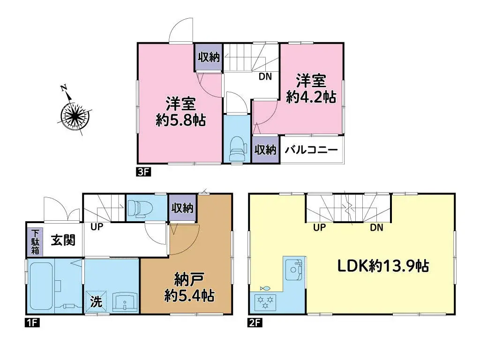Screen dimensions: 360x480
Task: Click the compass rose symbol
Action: pos(74,114)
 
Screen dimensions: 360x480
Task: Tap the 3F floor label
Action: pos(142,172)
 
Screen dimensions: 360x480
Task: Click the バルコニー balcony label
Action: pos(312,150)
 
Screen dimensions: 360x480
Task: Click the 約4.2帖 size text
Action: pos(311,97)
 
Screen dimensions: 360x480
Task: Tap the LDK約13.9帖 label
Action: pos(383,266)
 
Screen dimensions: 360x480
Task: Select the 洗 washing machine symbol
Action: pos(96,302)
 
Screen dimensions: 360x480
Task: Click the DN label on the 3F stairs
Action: pos(265,77)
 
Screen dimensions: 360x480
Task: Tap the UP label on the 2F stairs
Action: pos(319,228)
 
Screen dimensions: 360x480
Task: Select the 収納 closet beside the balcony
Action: pos(265,150)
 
